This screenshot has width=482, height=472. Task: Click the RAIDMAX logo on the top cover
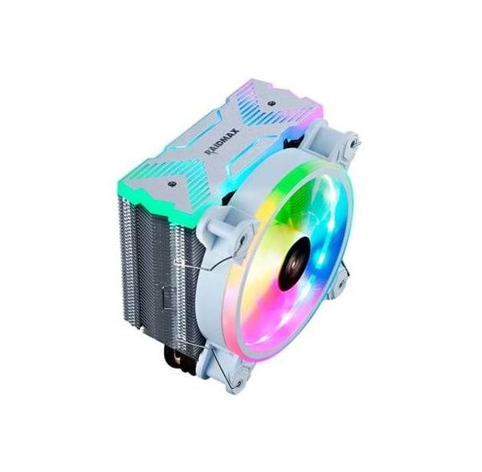pyautogui.click(x=222, y=141)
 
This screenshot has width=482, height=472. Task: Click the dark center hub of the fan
pyautogui.click(x=294, y=262)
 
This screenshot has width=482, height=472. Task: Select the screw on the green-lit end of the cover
pyautogui.click(x=170, y=183)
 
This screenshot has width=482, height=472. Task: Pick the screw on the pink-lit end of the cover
pyautogui.click(x=271, y=103)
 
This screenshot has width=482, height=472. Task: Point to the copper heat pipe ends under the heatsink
pyautogui.click(x=178, y=362)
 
